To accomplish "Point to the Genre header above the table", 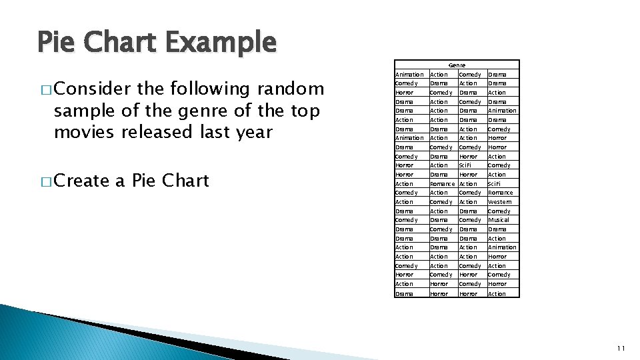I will (457, 65).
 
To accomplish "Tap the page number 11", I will (621, 348).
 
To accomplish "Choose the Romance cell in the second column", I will (442, 183).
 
